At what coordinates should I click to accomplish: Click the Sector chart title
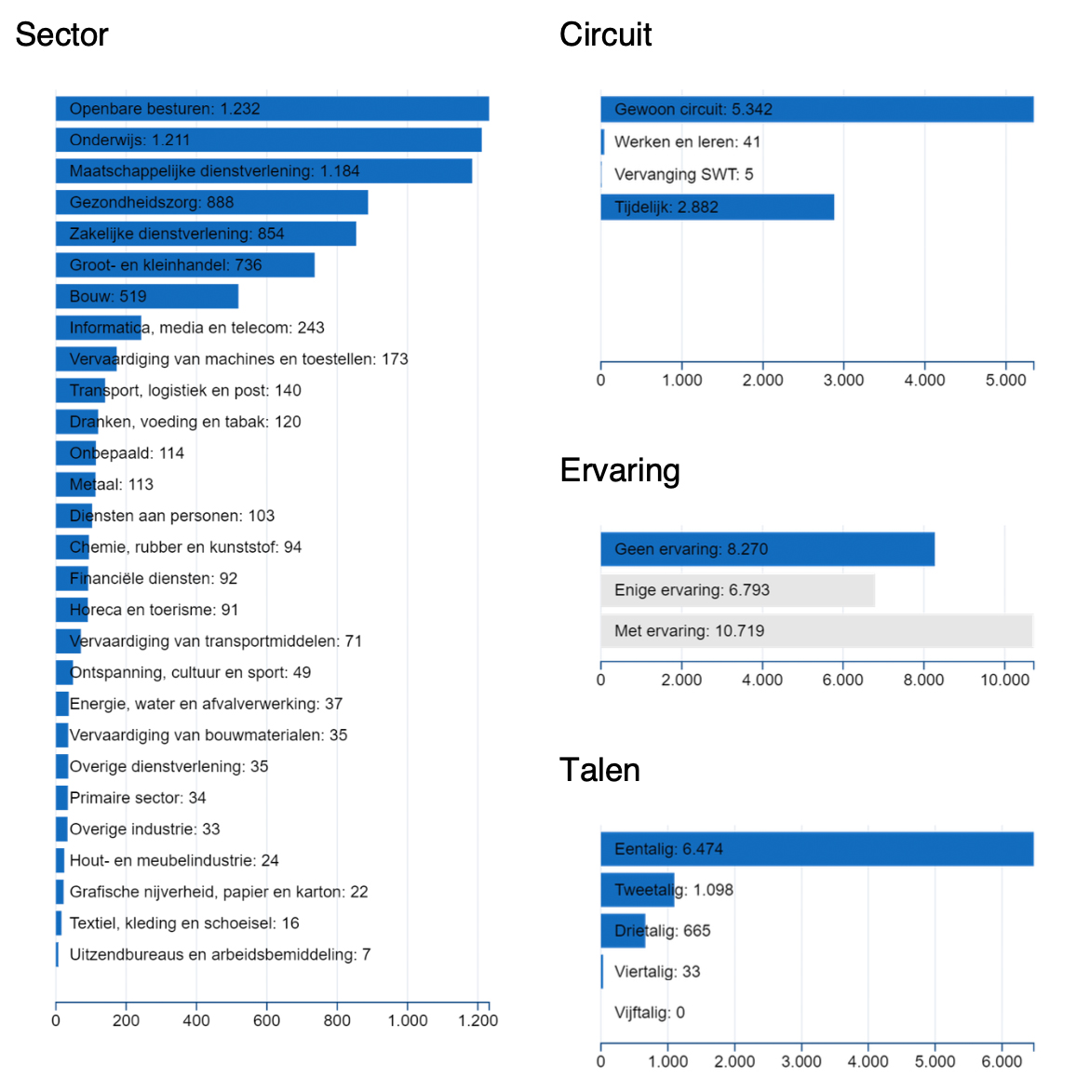pyautogui.click(x=61, y=34)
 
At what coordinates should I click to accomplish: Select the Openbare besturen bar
pyautogui.click(x=272, y=109)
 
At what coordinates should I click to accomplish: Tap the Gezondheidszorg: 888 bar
pyautogui.click(x=211, y=202)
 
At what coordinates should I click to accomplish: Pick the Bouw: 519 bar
pyautogui.click(x=147, y=296)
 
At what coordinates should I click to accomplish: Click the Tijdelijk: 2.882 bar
pyautogui.click(x=717, y=207)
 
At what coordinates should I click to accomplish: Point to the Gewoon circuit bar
pyautogui.click(x=816, y=109)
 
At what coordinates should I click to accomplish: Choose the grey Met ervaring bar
pyautogui.click(x=816, y=630)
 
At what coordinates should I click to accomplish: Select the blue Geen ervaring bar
pyautogui.click(x=767, y=549)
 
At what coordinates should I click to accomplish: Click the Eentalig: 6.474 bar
pyautogui.click(x=816, y=849)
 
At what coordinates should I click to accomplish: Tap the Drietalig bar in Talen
pyautogui.click(x=623, y=931)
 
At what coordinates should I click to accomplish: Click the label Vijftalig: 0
pyautogui.click(x=650, y=1013)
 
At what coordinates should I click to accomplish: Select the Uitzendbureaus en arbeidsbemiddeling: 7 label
pyautogui.click(x=220, y=954)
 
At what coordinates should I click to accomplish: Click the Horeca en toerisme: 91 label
pyautogui.click(x=154, y=610)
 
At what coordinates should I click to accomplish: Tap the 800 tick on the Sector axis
pyautogui.click(x=337, y=1020)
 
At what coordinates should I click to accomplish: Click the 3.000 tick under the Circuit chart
pyautogui.click(x=843, y=380)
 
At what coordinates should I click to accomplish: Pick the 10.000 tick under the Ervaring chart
pyautogui.click(x=1004, y=680)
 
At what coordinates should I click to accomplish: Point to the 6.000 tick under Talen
pyautogui.click(x=1002, y=1061)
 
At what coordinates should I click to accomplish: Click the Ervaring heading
pyautogui.click(x=620, y=470)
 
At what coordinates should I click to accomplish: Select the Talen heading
pyautogui.click(x=599, y=770)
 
